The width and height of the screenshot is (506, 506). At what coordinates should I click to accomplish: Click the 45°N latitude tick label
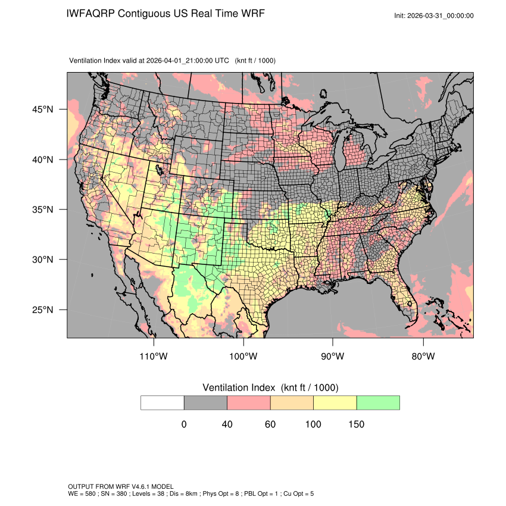click(x=42, y=110)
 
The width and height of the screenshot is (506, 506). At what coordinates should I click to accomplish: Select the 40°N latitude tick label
click(x=42, y=160)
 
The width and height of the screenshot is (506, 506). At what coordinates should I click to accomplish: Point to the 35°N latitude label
click(x=42, y=210)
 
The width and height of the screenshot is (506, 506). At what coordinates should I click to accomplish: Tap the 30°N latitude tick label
click(x=42, y=260)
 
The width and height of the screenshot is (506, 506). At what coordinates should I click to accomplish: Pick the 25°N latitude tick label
click(x=42, y=310)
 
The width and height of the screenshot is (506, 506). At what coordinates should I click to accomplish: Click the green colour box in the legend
click(x=378, y=402)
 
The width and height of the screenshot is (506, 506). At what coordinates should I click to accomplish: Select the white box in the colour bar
click(x=163, y=402)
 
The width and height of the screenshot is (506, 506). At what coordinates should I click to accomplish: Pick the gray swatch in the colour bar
click(x=205, y=402)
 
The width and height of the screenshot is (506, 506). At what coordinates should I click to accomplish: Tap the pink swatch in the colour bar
click(x=249, y=402)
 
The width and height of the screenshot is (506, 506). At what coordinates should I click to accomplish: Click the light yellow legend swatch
click(x=335, y=402)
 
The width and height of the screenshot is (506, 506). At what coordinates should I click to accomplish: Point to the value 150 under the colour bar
click(x=356, y=424)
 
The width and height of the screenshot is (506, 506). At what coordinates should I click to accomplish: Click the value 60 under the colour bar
click(x=270, y=424)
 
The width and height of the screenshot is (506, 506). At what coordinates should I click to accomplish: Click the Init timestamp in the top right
click(x=434, y=15)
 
